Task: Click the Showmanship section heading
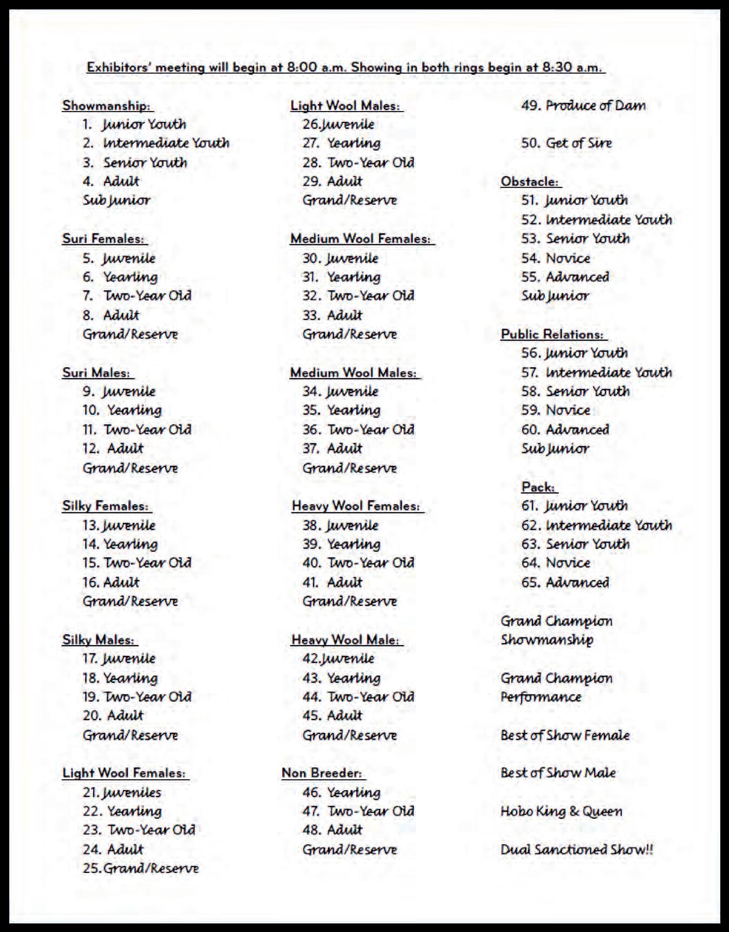tap(106, 106)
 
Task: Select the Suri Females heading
tap(103, 239)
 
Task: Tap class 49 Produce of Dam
tap(583, 106)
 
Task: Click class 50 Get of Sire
tap(567, 144)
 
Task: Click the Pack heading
tap(538, 487)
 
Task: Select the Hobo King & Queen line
tap(561, 811)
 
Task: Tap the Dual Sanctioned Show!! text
tap(577, 850)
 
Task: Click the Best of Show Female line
tap(565, 735)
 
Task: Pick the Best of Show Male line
tap(558, 773)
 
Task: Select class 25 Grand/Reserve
tap(141, 869)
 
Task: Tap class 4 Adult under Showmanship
tap(111, 181)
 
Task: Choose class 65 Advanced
tap(565, 583)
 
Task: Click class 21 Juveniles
tap(122, 793)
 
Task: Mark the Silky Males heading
tap(99, 640)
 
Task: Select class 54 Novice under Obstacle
tap(556, 258)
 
